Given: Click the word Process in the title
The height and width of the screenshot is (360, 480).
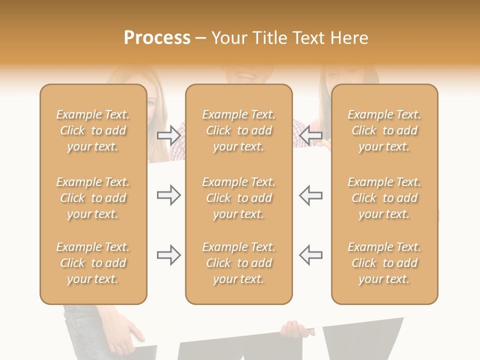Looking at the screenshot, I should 157,38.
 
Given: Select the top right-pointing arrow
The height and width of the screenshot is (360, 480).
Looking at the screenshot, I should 168,135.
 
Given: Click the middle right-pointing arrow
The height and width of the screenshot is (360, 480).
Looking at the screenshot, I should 168,195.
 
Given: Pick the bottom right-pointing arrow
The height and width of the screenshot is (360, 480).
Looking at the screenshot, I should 168,255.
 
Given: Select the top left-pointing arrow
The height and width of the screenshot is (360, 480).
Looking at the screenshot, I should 310,135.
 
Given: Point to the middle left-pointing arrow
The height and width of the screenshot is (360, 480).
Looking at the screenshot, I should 310,195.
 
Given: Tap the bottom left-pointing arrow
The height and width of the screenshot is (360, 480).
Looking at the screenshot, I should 310,255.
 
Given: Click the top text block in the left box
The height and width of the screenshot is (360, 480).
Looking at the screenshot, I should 93,130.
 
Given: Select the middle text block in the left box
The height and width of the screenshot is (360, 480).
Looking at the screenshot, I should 93,198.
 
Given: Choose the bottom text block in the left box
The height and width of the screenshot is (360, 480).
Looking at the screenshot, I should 93,263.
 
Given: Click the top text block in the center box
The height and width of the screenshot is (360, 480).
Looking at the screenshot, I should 238,130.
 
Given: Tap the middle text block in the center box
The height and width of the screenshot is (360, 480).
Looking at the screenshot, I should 238,198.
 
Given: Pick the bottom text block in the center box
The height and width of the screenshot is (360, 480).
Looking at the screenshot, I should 238,263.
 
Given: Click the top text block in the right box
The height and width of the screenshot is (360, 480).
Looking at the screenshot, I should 384,130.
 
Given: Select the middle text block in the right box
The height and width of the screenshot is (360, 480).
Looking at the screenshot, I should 384,198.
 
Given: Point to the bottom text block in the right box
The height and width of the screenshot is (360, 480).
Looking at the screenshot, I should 384,263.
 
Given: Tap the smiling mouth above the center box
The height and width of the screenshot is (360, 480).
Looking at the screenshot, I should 244,75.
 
